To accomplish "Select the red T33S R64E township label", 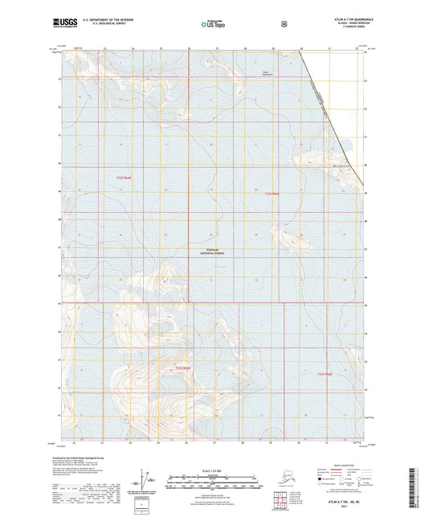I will (x=182, y=368).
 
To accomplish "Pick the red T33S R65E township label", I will (x=324, y=374).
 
